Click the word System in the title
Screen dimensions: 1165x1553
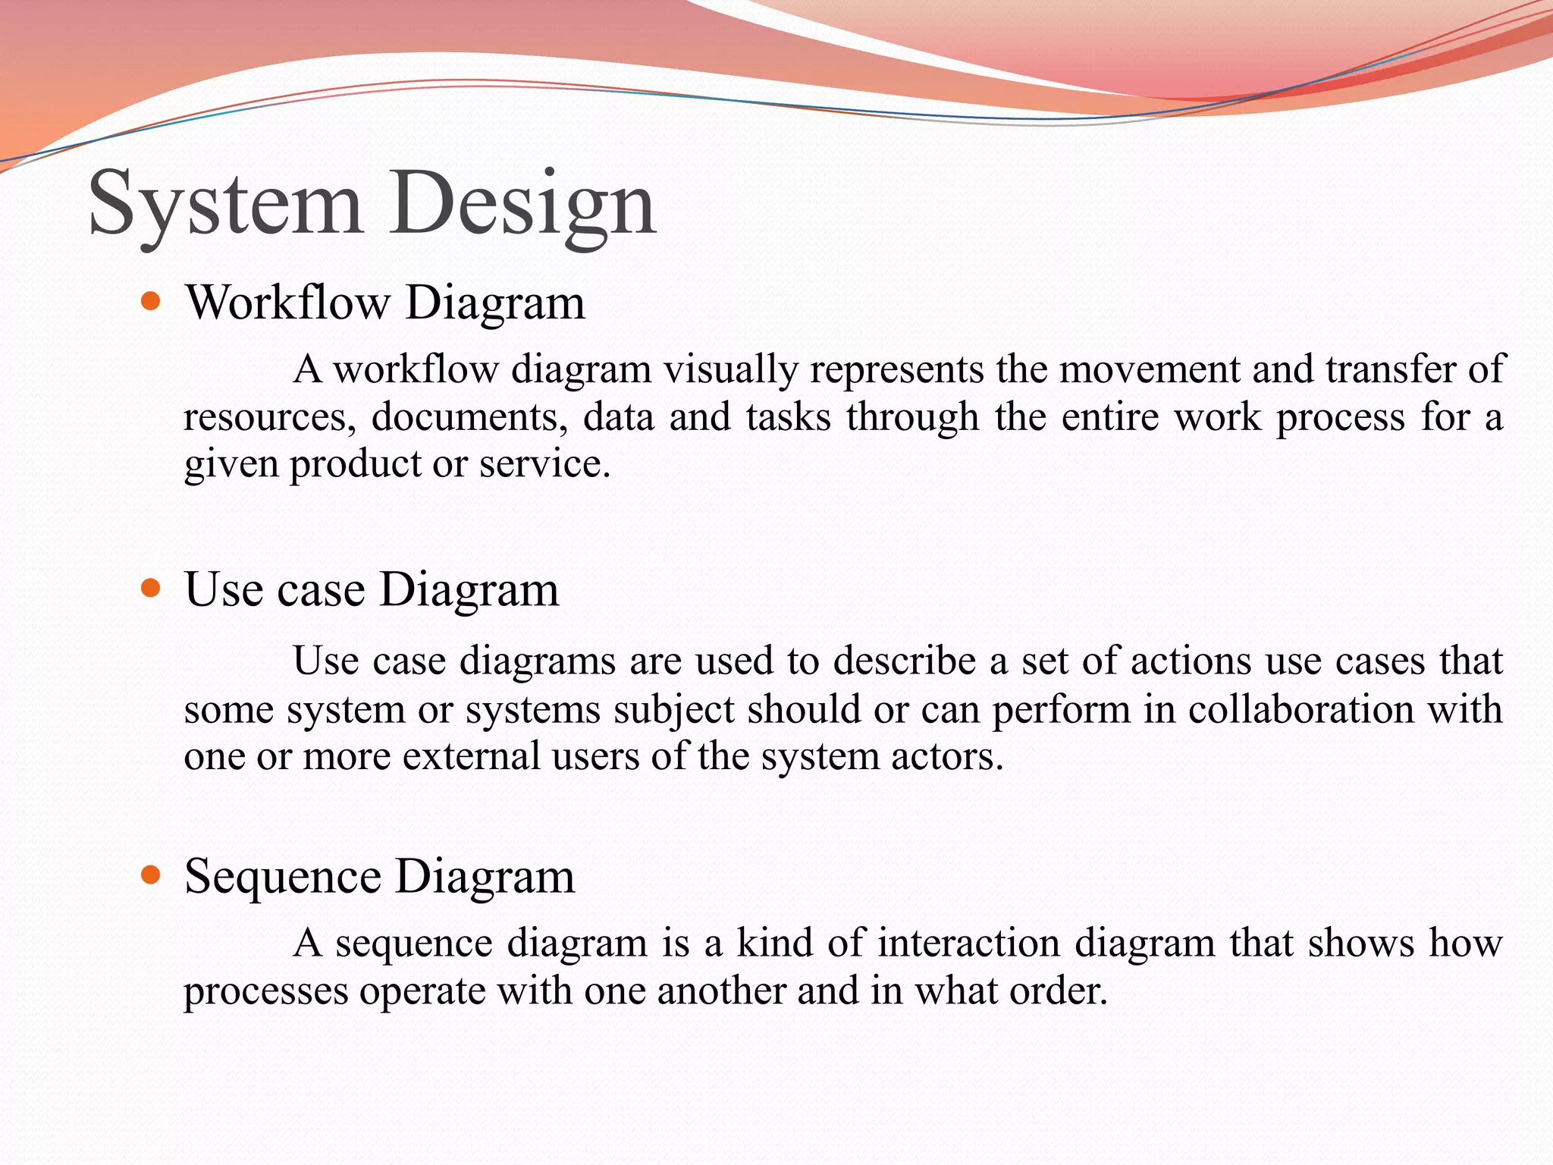coord(225,203)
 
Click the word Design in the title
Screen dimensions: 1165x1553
coord(523,203)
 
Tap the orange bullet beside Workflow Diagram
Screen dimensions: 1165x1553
coord(152,303)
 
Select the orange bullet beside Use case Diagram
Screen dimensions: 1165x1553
coord(152,589)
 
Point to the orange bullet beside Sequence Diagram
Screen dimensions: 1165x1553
coord(152,876)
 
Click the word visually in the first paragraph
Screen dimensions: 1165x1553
coord(731,369)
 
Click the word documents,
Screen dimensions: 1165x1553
coord(469,417)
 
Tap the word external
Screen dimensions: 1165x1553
coord(471,756)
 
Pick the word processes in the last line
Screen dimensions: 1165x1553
coord(265,991)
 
